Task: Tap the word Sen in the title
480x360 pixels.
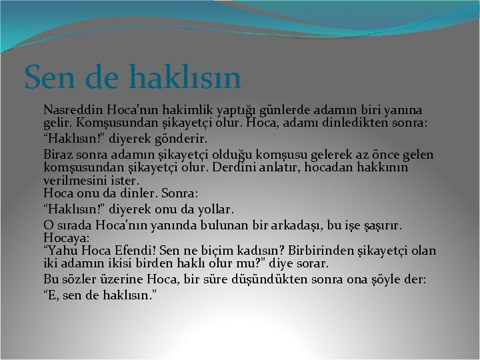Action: click(47, 77)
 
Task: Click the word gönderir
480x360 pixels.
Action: click(184, 139)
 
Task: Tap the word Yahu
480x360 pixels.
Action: click(63, 251)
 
